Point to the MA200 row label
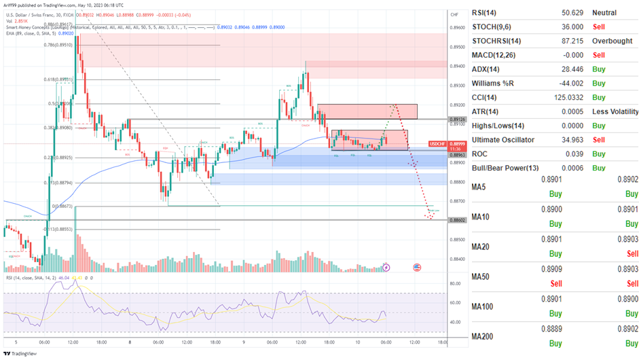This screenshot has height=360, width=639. click(483, 336)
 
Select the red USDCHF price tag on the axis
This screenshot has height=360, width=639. click(439, 144)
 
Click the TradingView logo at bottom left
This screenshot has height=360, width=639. click(20, 353)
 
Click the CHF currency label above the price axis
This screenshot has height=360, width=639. click(454, 13)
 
